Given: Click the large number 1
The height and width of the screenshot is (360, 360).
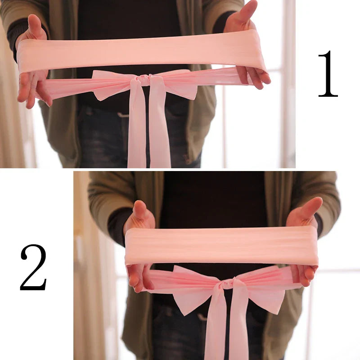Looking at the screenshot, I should coord(328,74).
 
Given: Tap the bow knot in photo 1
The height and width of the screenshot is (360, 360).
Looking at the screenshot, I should coord(144,80).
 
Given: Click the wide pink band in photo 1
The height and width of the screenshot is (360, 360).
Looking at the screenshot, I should coord(139,52).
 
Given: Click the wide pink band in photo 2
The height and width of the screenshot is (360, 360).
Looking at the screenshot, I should coord(220,245).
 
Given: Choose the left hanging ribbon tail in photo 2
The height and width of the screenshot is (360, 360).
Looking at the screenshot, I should coord(215,324).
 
